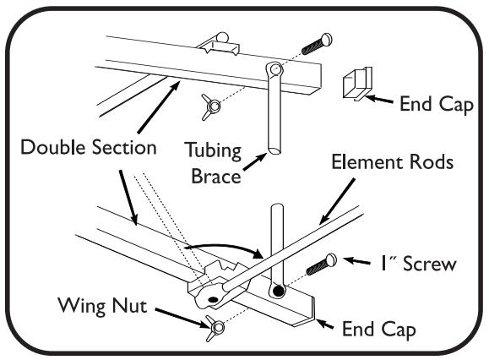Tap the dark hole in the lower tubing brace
[x=276, y=291]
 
